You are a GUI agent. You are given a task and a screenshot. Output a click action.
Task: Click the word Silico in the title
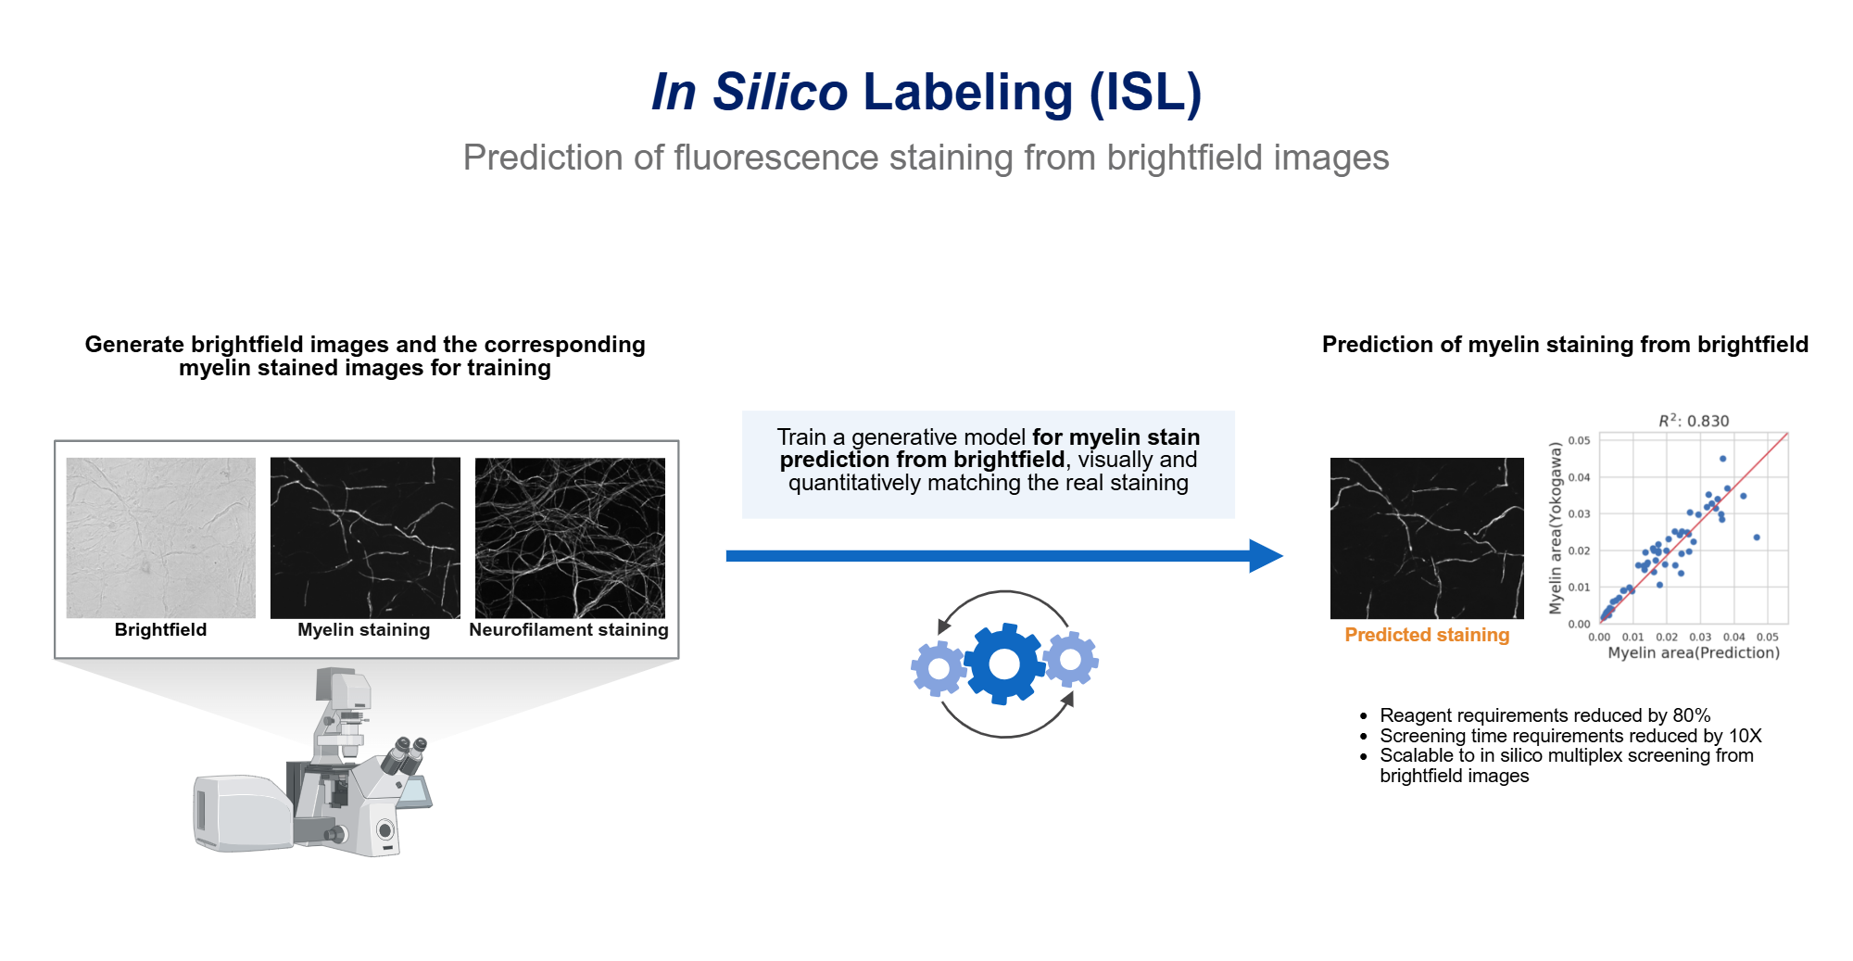[779, 92]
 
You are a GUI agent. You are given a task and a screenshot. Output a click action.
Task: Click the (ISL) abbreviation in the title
[1145, 92]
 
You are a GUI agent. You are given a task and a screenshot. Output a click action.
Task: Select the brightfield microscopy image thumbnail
[161, 537]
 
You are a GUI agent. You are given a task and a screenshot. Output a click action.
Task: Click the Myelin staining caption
[363, 630]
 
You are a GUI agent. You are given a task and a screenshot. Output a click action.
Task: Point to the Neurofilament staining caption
[568, 630]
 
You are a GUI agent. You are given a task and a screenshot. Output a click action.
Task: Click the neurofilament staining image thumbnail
[570, 537]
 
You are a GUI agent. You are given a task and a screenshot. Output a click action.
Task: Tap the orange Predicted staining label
[1427, 635]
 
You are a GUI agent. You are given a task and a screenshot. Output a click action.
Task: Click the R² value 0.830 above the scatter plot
[1708, 421]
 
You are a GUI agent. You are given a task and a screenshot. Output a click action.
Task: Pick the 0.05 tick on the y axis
[1579, 440]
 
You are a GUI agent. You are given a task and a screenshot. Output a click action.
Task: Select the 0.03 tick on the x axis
[1700, 638]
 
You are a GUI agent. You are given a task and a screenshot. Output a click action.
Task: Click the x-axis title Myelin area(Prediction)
[1694, 652]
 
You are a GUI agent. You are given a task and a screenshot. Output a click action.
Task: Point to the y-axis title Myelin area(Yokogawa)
[1556, 527]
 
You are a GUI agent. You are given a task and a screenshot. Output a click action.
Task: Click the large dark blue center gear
[1004, 664]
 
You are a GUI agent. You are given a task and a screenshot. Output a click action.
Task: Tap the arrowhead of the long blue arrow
[1265, 556]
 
